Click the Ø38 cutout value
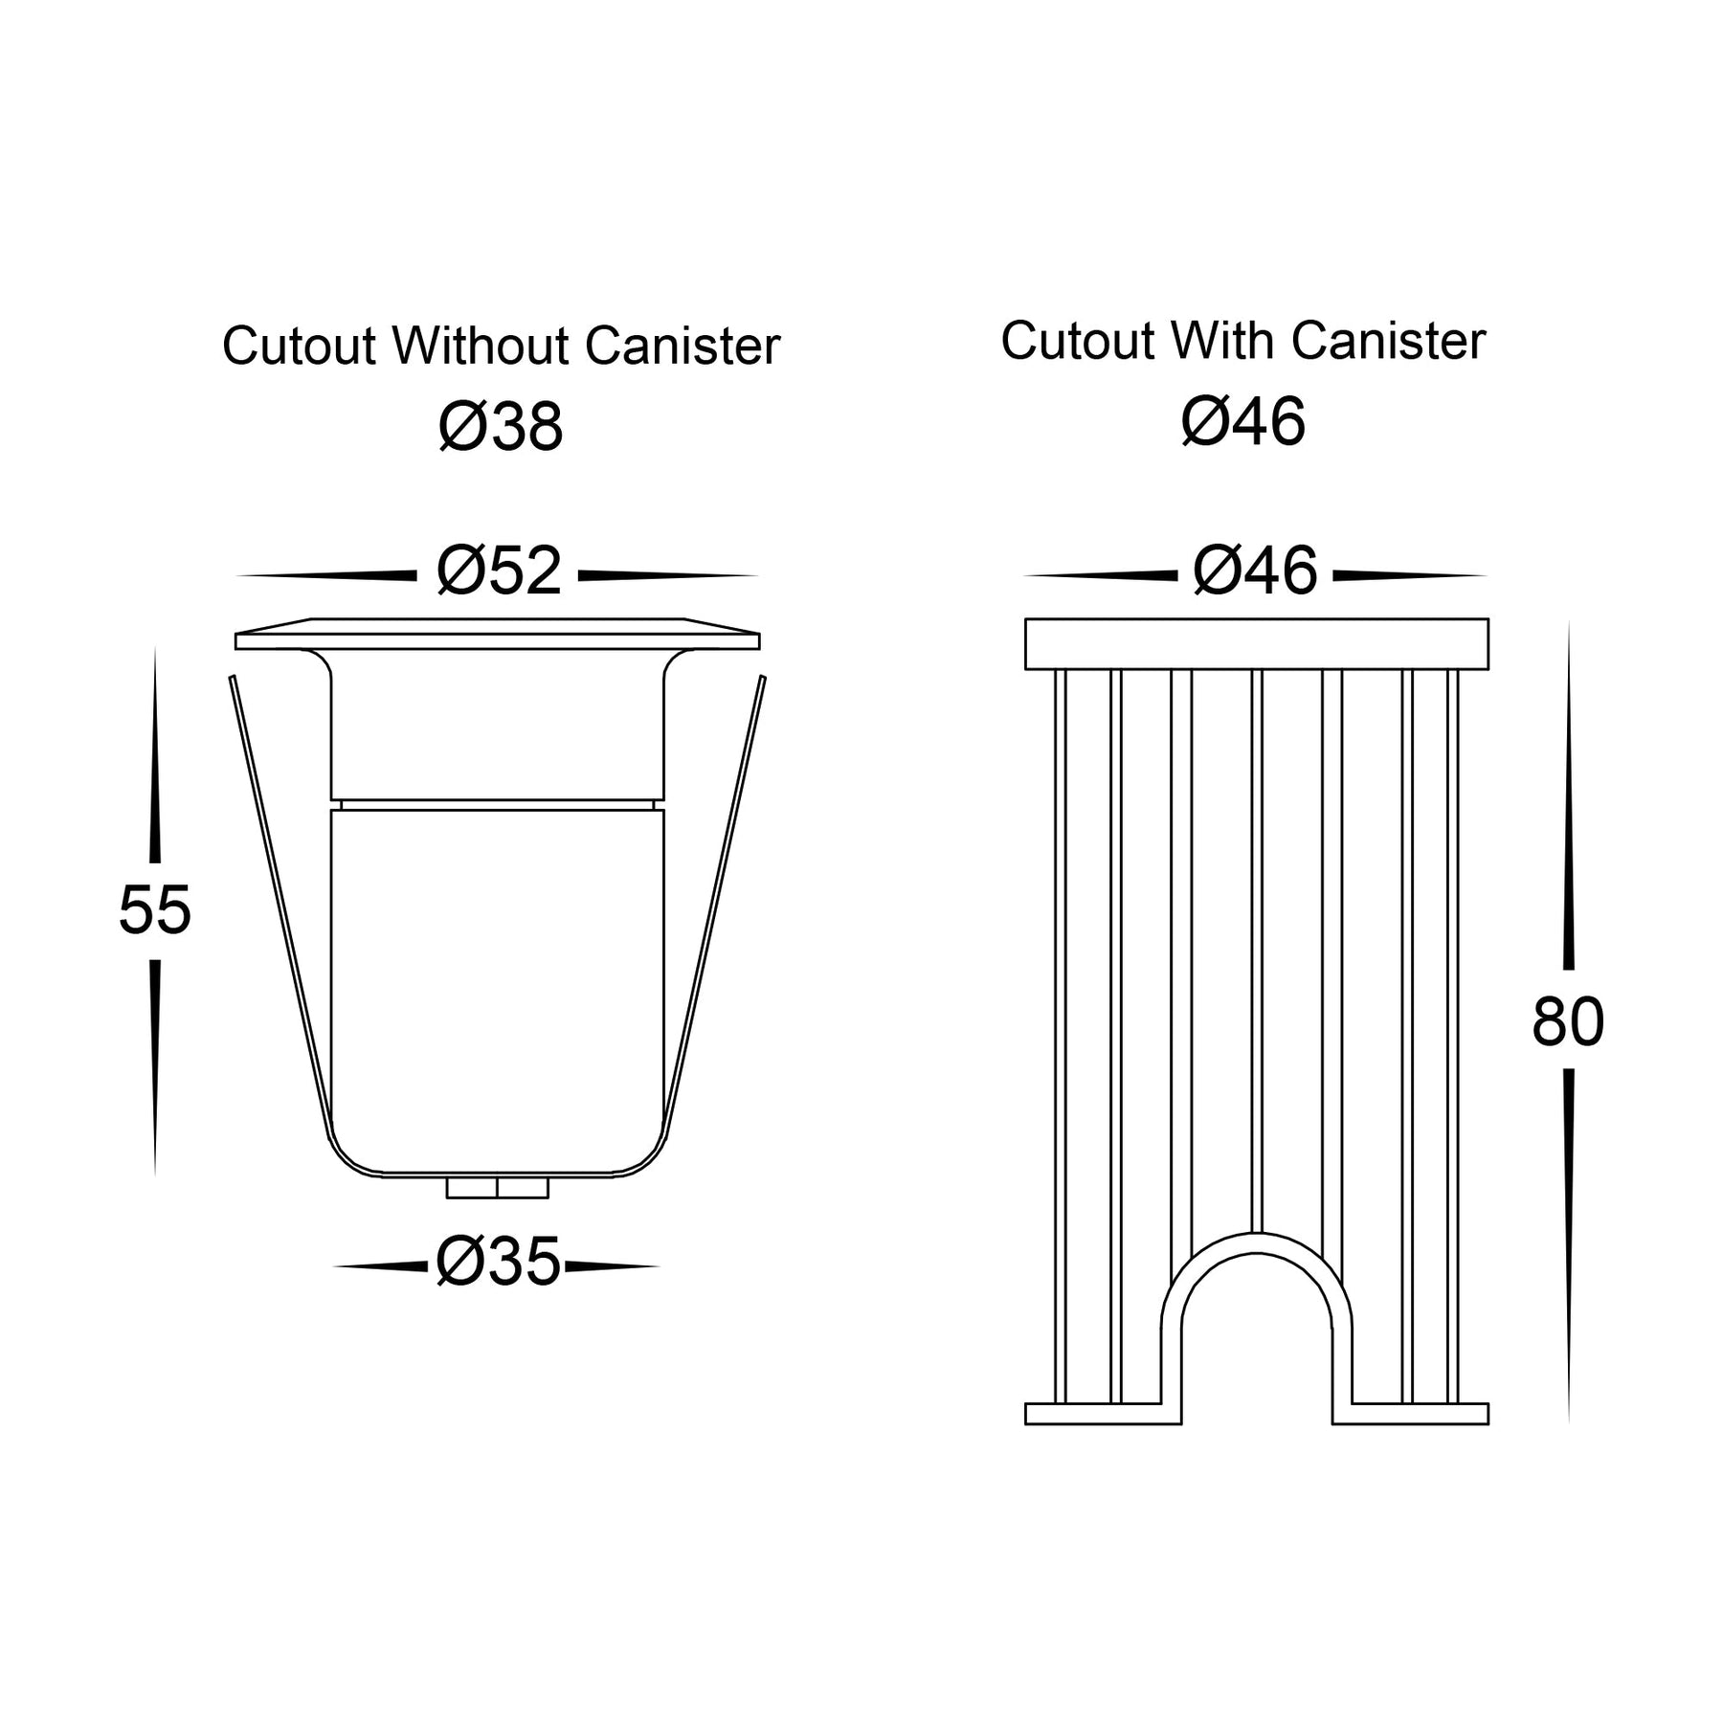[x=501, y=427]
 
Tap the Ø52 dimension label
[x=499, y=571]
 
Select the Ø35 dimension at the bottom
[x=498, y=1262]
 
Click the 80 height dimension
[x=1568, y=1021]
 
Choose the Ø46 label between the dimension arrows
[x=1255, y=571]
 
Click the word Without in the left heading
[x=481, y=346]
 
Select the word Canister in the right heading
[x=1388, y=341]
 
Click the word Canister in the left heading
[x=682, y=346]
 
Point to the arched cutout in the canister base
[x=1256, y=1329]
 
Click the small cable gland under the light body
[x=498, y=1188]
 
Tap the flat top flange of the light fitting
[x=498, y=635]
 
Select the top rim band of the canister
[x=1257, y=644]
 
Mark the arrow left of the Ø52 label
[x=326, y=575]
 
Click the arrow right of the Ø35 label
[x=613, y=1267]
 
